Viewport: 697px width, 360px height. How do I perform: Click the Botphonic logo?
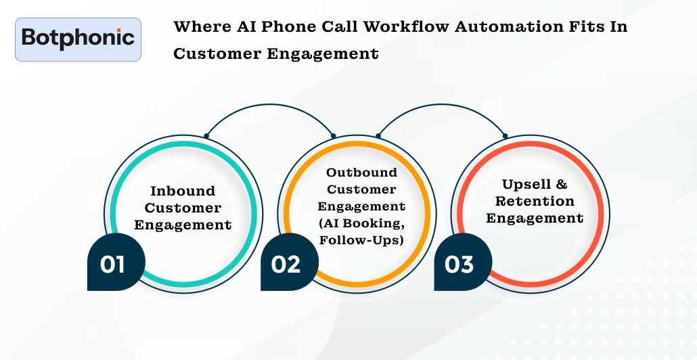[x=78, y=39]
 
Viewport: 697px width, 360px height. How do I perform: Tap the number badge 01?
[x=112, y=264]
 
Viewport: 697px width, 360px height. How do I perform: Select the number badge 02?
[x=286, y=264]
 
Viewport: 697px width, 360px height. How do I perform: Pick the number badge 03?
[x=459, y=264]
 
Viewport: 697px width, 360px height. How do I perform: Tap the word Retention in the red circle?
[x=535, y=201]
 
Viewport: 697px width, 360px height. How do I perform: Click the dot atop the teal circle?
[x=206, y=135]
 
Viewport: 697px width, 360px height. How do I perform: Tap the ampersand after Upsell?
[x=560, y=184]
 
